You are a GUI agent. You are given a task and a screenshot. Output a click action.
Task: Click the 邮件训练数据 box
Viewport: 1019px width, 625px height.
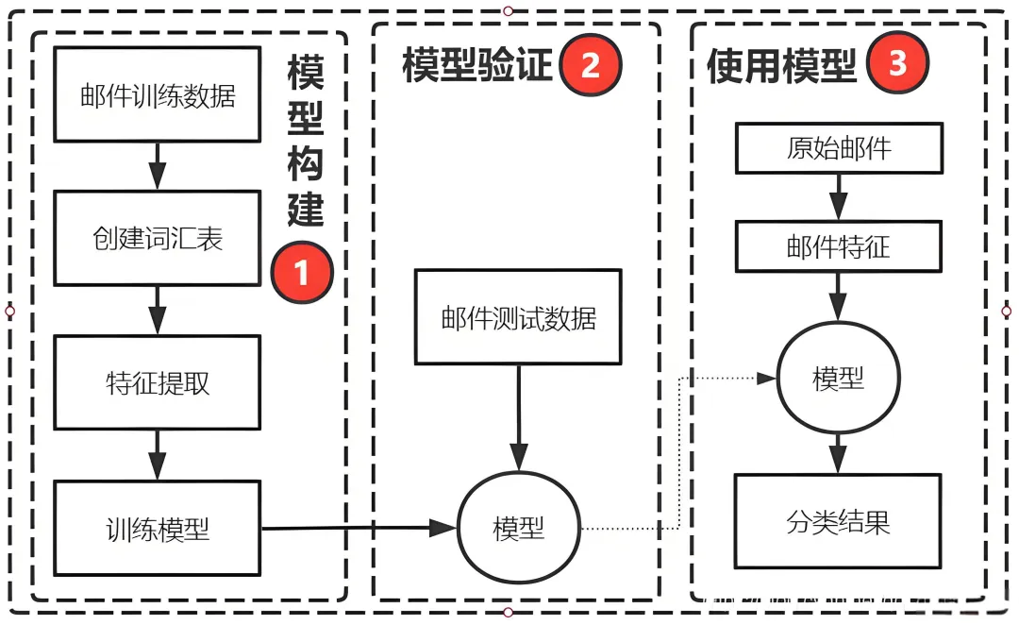158,95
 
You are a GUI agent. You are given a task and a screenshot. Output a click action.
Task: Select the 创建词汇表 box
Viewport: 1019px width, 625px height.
158,238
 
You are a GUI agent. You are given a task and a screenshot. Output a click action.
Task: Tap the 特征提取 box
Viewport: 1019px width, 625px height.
158,383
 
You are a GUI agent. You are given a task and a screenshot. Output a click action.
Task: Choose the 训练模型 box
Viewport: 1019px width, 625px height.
158,529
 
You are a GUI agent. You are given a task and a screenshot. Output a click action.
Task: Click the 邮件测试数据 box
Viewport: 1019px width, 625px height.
518,317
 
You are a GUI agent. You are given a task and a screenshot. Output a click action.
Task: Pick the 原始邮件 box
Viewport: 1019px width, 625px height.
838,148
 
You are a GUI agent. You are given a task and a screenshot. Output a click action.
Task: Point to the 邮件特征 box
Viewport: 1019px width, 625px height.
838,247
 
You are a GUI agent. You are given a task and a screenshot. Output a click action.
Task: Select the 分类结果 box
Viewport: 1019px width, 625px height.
838,521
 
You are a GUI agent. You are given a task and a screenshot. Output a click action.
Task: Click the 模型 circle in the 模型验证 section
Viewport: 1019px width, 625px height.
518,528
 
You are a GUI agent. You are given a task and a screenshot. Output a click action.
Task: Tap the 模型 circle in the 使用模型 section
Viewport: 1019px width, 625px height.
838,379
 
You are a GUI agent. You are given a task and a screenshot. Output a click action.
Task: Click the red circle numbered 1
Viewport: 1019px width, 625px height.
302,273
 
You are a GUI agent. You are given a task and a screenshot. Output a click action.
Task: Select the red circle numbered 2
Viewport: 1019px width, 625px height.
591,65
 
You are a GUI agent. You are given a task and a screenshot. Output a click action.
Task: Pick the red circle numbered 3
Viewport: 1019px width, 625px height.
897,63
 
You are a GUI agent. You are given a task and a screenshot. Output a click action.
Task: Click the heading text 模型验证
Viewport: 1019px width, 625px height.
476,67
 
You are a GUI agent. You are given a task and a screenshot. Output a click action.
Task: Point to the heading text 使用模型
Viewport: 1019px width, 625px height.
781,66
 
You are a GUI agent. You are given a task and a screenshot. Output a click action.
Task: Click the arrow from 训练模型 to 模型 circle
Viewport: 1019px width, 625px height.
359,528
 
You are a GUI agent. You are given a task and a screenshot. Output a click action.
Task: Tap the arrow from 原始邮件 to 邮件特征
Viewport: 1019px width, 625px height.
838,198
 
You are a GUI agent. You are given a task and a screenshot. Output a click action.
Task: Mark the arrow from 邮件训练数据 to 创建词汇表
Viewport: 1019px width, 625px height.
158,165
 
